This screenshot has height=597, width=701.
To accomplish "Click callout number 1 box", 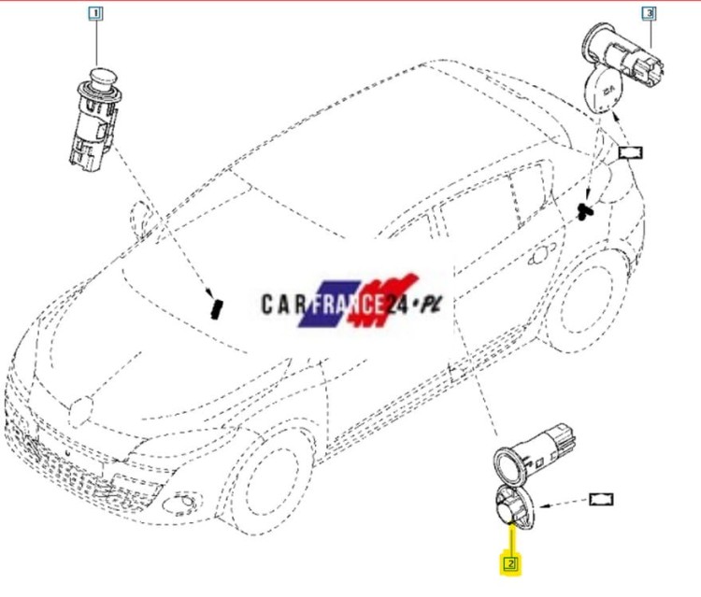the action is tap(95, 13).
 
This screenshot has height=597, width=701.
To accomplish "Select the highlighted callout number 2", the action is tap(511, 564).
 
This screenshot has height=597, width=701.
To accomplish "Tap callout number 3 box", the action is tap(650, 13).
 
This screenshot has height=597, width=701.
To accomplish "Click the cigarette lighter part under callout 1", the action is tap(95, 120).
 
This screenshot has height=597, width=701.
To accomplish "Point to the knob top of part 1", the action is tap(103, 78).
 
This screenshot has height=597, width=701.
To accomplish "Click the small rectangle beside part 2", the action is tap(601, 499).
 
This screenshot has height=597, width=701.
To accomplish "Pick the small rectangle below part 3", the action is tap(630, 153).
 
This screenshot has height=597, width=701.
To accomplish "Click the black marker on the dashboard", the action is tap(217, 308).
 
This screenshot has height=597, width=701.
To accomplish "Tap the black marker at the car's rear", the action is tap(584, 211).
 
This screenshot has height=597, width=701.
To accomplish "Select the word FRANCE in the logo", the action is tap(348, 305).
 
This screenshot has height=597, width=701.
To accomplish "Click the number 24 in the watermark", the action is tap(396, 305).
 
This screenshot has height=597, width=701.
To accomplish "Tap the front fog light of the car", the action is tap(180, 505).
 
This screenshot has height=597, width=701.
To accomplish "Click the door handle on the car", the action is tap(542, 255).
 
